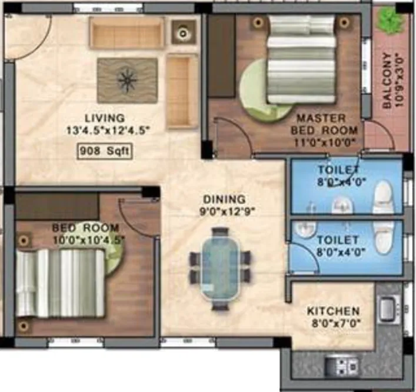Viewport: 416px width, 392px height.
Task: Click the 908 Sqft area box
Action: click(104, 151)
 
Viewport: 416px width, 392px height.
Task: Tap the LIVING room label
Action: click(104, 118)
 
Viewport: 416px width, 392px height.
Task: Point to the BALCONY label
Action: click(387, 81)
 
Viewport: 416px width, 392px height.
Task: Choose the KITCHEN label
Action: click(334, 311)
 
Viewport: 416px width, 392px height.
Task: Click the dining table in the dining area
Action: click(220, 268)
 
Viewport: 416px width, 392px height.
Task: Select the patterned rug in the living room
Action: click(127, 80)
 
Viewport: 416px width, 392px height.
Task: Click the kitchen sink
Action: click(387, 308)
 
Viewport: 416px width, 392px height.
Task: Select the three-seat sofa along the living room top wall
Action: click(127, 33)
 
